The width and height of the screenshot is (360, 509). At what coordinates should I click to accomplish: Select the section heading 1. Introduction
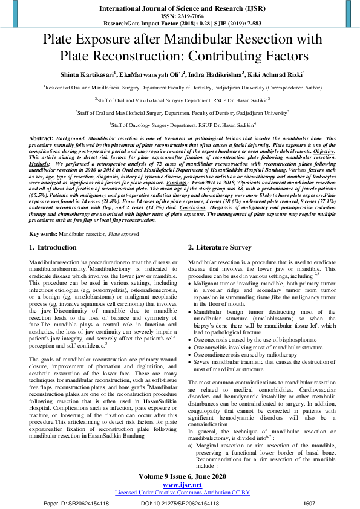pyautogui.click(x=53, y=248)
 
